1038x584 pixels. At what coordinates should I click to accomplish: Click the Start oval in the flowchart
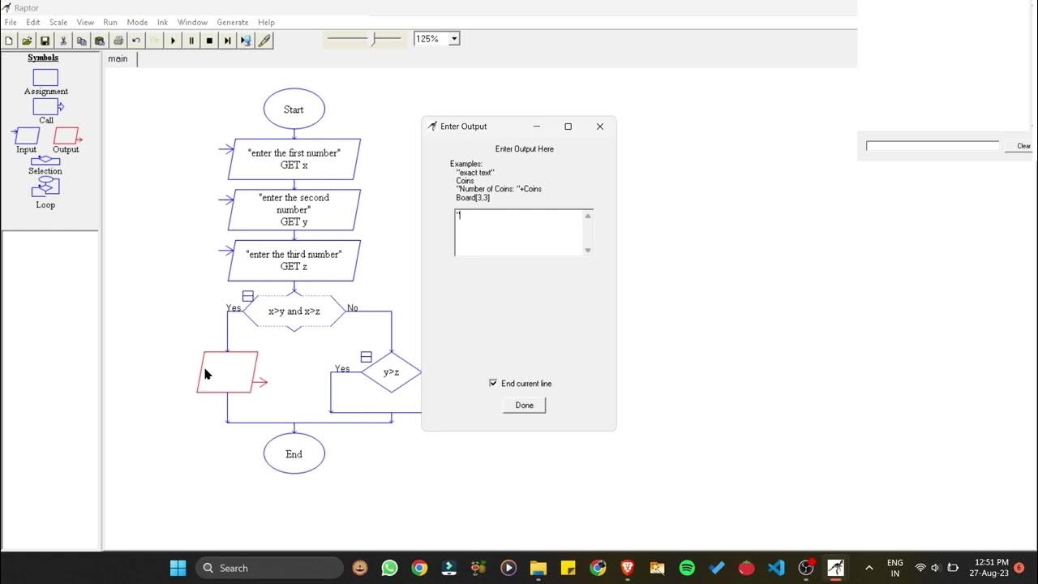click(294, 109)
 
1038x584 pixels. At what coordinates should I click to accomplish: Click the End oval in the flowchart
click(294, 454)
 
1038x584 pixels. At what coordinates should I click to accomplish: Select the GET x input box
click(294, 159)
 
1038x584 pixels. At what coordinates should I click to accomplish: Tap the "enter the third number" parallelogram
click(294, 260)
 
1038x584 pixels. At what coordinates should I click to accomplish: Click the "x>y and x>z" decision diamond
click(294, 311)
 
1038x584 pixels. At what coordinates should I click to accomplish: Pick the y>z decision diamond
click(391, 372)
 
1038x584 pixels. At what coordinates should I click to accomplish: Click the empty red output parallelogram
click(228, 372)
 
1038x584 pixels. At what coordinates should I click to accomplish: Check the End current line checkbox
click(493, 383)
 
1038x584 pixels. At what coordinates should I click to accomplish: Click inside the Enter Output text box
click(519, 233)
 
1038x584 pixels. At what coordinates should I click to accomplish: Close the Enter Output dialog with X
click(600, 127)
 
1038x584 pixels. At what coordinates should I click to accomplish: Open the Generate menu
click(233, 23)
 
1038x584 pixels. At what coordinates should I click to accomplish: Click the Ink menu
click(162, 23)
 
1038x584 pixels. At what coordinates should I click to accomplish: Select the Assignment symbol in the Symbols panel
click(45, 78)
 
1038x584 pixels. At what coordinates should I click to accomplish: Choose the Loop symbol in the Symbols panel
click(45, 187)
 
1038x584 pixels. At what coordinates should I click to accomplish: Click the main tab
click(118, 58)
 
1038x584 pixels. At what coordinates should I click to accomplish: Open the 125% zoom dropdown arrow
click(454, 38)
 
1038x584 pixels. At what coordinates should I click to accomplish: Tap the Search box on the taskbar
click(269, 568)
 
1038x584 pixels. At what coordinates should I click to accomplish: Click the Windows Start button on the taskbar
click(178, 568)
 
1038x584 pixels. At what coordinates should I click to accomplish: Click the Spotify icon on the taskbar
click(687, 568)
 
